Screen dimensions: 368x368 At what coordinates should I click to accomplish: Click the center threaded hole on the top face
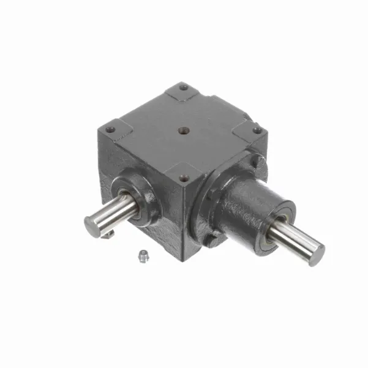(x=182, y=130)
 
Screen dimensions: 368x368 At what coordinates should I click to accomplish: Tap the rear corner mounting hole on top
(x=183, y=87)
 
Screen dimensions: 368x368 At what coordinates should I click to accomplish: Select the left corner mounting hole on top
(x=110, y=129)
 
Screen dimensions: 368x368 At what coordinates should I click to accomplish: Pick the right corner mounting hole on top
(x=257, y=130)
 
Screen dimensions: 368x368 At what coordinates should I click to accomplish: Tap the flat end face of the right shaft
(x=317, y=252)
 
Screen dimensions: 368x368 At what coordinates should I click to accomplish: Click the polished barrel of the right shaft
(x=294, y=239)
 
